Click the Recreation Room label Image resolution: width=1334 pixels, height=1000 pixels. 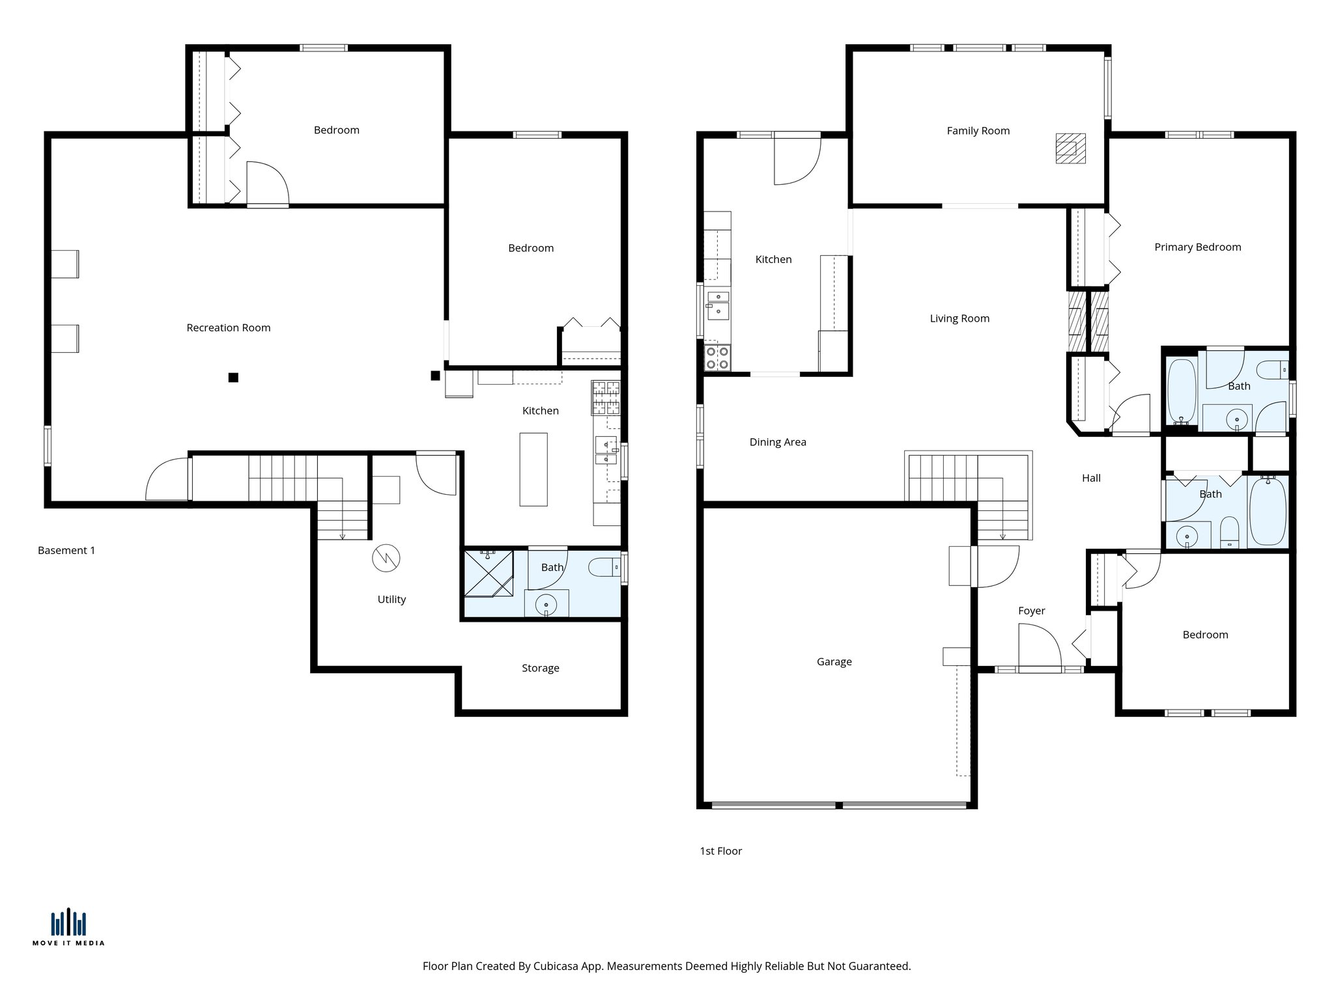tap(228, 327)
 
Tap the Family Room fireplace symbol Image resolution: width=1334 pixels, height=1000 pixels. tap(1070, 148)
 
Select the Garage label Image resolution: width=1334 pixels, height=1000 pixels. tap(834, 661)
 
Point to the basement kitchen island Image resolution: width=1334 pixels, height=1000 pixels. tap(533, 469)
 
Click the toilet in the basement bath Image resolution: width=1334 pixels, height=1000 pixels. tap(604, 568)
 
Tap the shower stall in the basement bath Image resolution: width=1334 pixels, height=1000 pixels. tap(488, 574)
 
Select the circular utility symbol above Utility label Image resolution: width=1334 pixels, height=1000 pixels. tap(386, 558)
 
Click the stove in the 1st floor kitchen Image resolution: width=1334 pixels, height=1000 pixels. tap(717, 357)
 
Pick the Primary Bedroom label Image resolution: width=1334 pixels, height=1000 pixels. tap(1197, 247)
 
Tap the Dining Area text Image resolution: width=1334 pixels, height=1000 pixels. tap(777, 442)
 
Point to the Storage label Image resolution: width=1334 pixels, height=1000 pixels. tap(540, 668)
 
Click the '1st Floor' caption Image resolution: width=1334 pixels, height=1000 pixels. tap(720, 851)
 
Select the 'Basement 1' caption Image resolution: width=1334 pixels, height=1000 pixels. tap(66, 550)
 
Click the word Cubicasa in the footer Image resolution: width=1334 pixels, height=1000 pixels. tap(557, 966)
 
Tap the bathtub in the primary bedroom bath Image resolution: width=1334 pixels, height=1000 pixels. tap(1181, 391)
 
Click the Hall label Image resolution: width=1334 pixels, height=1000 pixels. tap(1091, 478)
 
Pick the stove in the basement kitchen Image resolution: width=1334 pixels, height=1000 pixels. tap(606, 398)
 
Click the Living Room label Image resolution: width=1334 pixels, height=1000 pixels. tap(959, 318)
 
